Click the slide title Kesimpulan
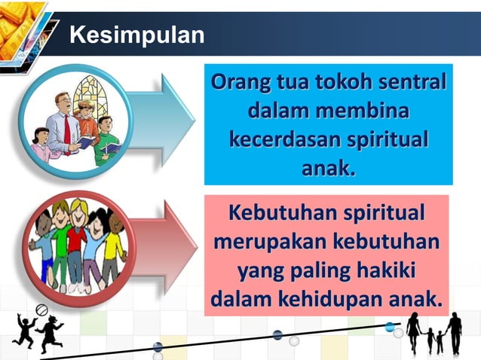point(136,35)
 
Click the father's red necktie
point(67,129)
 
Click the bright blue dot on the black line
point(390,327)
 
